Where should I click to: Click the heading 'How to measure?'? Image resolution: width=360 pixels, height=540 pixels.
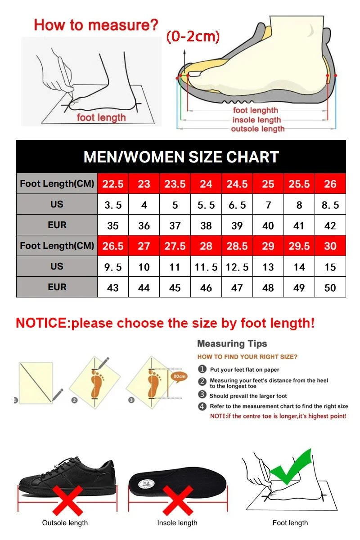coord(96,24)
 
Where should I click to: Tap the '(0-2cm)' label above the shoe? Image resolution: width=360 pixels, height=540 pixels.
coord(193,36)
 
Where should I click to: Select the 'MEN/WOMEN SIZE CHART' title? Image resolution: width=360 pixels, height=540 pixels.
coord(181,157)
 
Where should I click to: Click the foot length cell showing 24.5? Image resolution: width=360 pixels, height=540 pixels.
coord(237,184)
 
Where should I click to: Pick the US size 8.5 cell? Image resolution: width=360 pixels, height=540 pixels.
coord(330,205)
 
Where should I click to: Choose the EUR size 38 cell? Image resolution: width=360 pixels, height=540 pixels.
coord(206,225)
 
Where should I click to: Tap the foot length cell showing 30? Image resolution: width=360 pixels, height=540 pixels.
coord(330,246)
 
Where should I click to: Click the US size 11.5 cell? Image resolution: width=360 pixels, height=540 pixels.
coord(206,267)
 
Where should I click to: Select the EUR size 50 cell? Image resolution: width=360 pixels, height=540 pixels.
coord(330,288)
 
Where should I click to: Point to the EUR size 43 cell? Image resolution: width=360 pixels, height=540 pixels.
coord(113,288)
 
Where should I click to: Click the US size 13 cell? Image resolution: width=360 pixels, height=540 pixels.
coord(268,267)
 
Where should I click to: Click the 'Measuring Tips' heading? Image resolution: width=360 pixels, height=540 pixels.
coord(232,344)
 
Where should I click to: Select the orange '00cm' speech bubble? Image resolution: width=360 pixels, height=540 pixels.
coord(179,376)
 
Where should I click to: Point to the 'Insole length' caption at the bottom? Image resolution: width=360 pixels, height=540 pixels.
coord(177,523)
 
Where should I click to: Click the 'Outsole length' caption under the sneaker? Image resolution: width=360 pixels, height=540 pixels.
coord(65,523)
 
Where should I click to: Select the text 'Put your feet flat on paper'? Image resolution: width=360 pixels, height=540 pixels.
coord(244,369)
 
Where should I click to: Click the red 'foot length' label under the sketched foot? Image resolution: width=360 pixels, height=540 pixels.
coord(101,117)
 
